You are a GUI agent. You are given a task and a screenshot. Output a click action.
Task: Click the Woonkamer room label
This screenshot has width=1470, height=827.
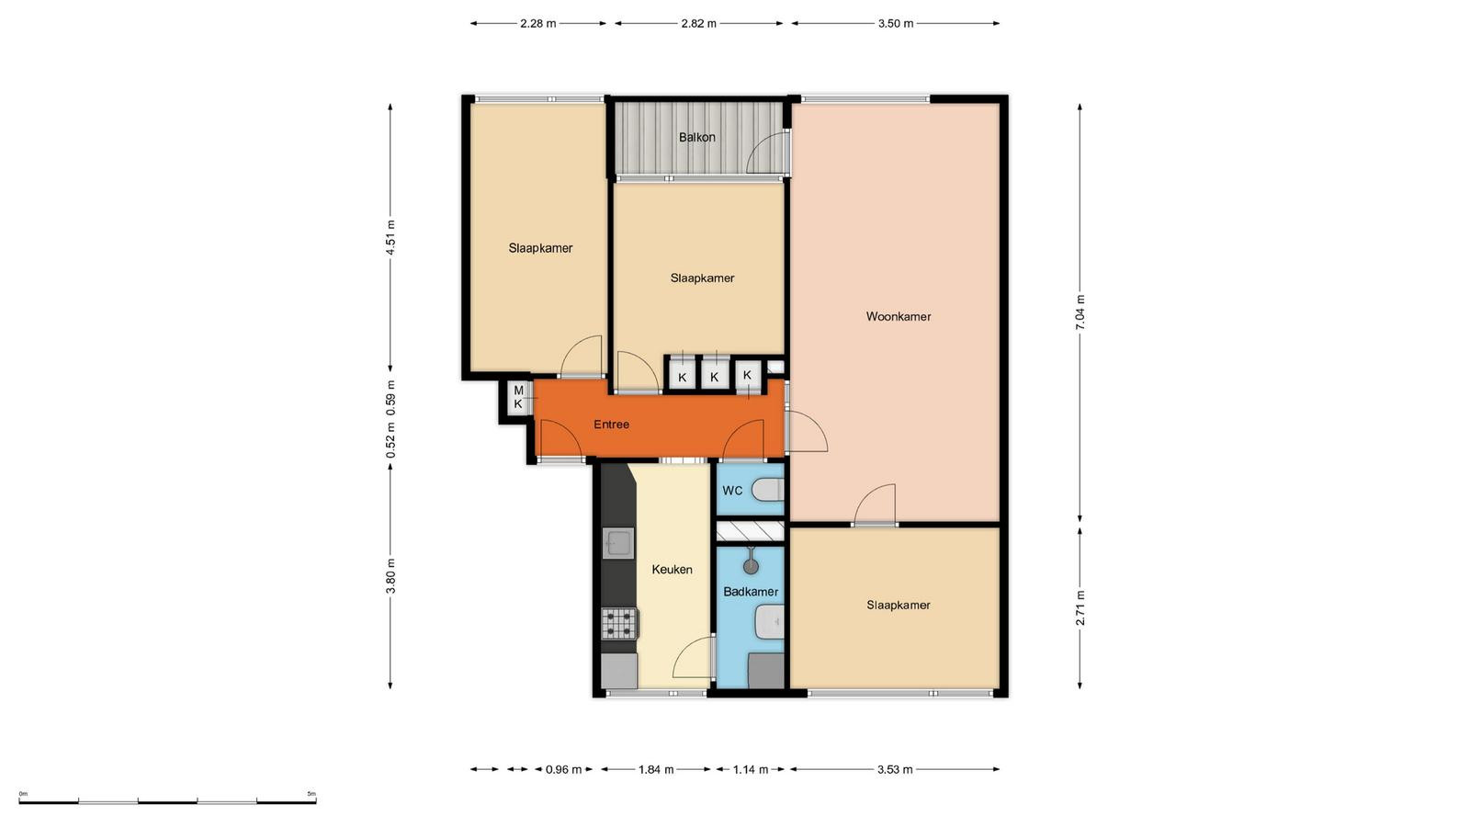899,316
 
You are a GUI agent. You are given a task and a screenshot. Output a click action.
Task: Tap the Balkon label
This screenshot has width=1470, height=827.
697,137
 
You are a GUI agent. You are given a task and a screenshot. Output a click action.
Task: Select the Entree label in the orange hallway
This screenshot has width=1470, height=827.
612,425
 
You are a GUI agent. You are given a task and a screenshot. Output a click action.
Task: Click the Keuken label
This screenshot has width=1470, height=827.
672,570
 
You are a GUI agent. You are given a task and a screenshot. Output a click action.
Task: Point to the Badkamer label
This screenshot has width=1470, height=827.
751,592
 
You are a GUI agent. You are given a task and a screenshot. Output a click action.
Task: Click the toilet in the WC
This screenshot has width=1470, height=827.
768,490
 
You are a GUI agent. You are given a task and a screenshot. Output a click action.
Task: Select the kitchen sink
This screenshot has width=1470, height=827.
618,543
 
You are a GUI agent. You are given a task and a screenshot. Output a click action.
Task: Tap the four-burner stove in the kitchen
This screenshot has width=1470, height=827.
619,624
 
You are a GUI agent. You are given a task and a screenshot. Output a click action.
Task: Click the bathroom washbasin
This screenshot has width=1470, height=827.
770,622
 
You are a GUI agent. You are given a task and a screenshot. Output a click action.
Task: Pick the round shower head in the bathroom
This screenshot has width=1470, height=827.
751,566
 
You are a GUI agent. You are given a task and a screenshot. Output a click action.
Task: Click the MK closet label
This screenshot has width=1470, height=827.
518,398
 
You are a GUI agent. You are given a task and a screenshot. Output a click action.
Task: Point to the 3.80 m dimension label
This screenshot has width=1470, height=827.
391,575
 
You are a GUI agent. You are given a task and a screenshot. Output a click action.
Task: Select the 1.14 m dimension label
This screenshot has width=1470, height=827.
750,769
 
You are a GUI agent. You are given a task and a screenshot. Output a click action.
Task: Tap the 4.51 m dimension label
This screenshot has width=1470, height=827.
391,237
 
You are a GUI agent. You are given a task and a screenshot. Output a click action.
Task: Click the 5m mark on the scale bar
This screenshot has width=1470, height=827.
311,794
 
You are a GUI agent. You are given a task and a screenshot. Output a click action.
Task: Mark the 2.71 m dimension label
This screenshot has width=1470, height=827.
1080,608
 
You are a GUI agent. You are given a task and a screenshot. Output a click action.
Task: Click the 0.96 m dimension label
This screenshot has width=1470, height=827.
564,769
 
